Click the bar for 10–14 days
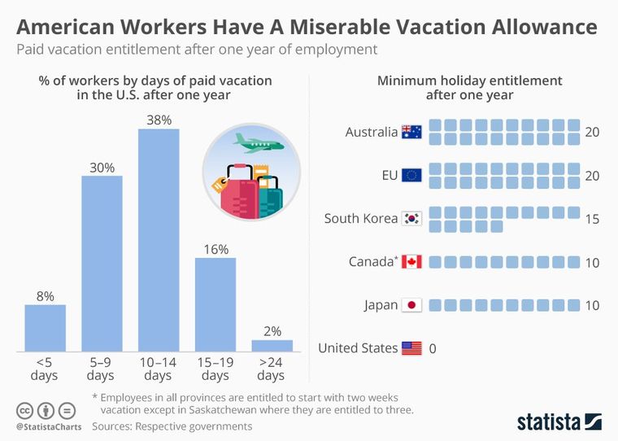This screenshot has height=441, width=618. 159,240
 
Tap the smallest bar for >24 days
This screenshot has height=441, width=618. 272,345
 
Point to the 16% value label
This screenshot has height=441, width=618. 215,249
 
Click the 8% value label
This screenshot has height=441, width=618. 45,296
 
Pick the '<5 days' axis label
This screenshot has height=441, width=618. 45,369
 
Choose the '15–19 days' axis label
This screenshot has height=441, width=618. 215,369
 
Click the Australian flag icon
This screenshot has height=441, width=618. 411,132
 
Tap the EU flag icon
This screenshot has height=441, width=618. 411,175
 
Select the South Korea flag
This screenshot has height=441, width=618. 411,219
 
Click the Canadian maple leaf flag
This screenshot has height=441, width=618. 411,262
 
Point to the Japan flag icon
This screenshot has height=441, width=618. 411,305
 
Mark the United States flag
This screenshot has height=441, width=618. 411,348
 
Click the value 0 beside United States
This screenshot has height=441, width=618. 433,348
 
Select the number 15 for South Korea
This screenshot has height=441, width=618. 591,219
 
